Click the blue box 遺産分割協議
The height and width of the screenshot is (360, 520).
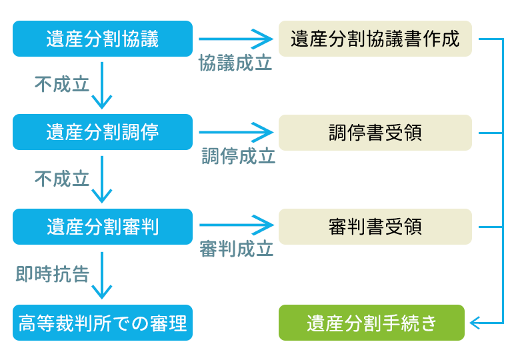pyautogui.click(x=103, y=39)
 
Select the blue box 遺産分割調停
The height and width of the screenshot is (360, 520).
pyautogui.click(x=103, y=132)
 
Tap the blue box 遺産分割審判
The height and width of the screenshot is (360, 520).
pyautogui.click(x=103, y=227)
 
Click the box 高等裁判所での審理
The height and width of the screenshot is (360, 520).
pyautogui.click(x=103, y=323)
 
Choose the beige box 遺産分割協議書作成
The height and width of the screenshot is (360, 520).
pyautogui.click(x=375, y=39)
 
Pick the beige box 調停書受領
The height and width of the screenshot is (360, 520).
pyautogui.click(x=375, y=132)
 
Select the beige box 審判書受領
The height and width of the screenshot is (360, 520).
pyautogui.click(x=375, y=227)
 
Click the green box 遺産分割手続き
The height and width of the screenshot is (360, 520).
pyautogui.click(x=371, y=323)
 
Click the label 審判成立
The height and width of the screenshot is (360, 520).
pyautogui.click(x=237, y=250)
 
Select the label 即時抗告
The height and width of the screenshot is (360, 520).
pyautogui.click(x=53, y=274)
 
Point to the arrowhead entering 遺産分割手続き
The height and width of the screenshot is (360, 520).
pyautogui.click(x=475, y=323)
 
